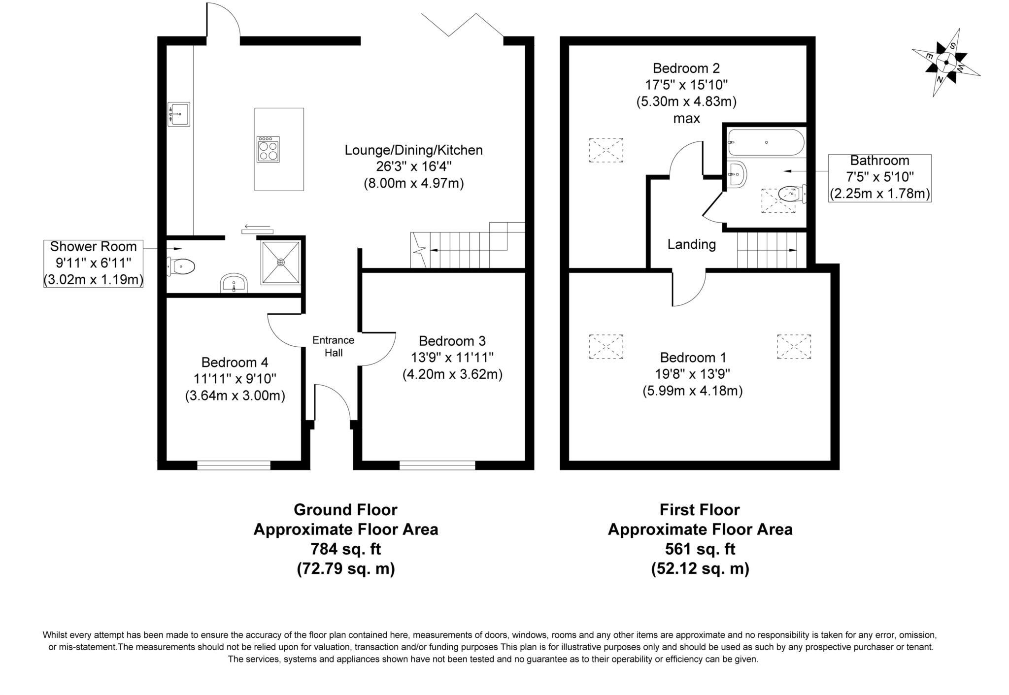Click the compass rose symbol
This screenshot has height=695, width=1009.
coord(946,63)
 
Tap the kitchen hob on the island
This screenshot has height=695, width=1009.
coord(268,149)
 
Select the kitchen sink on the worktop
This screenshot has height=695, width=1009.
coord(178,114)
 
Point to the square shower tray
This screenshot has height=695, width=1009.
coord(280,262)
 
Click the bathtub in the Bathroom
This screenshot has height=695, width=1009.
coord(766,142)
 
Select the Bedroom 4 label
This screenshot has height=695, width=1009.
coord(235,363)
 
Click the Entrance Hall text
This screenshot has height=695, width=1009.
coord(333,346)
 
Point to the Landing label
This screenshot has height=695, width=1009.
coord(691,244)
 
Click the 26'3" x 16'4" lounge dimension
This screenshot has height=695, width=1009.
coord(413,166)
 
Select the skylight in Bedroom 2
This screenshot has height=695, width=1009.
coord(606,150)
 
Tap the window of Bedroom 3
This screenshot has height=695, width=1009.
coord(437,465)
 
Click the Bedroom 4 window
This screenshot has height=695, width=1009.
coord(234,465)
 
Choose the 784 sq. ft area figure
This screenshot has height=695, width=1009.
coord(345,549)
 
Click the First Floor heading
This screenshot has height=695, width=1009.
coord(700,509)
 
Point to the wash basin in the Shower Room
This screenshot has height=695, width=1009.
coord(234,284)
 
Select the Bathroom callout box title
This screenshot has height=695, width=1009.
coord(879,161)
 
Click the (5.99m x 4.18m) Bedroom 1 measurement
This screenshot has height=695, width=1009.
coord(692,391)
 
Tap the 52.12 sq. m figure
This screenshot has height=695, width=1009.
coord(700,569)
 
